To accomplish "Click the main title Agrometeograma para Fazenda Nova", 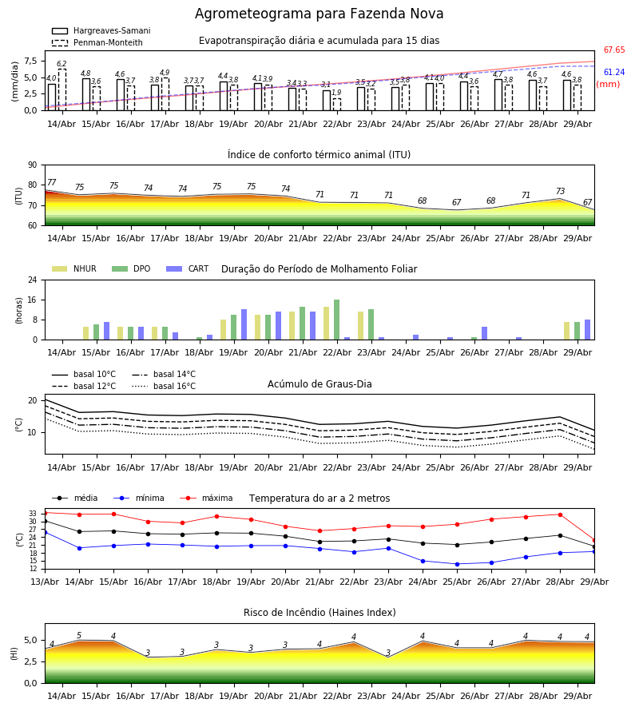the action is (319, 14).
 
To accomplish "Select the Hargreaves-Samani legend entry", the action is (101, 30).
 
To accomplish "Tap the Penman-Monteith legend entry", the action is (97, 42).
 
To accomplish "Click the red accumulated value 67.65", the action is (614, 50).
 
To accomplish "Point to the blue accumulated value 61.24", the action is (614, 72).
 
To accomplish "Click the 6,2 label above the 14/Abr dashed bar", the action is (62, 64).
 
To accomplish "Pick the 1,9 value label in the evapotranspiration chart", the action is (336, 93).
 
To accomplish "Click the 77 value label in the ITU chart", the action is (51, 182).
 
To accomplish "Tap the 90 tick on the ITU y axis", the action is (33, 165).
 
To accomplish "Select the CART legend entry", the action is (188, 268).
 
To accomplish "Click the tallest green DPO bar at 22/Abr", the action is (337, 320).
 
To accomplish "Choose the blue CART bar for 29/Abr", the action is (588, 330).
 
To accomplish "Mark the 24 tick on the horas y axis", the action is (33, 280).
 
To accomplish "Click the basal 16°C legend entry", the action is (164, 386).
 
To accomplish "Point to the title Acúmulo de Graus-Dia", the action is (319, 384).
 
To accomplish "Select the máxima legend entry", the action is (206, 498).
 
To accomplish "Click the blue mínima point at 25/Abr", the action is (457, 564).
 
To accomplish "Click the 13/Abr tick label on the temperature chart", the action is (45, 582).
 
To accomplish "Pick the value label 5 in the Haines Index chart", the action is (79, 636).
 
